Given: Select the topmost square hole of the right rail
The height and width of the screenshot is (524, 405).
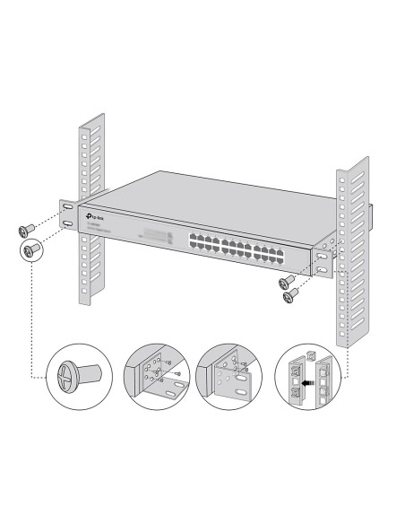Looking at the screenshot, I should (x=340, y=176).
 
